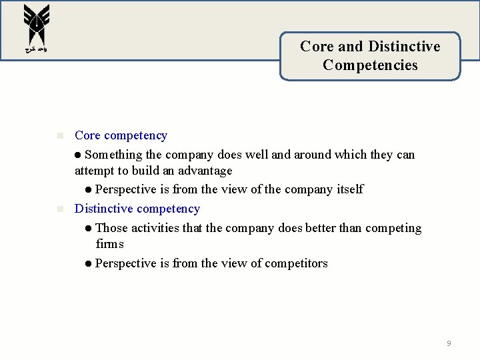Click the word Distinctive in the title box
tap(404, 47)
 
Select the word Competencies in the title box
tap(370, 65)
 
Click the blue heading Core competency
tap(121, 135)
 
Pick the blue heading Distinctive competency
tap(137, 209)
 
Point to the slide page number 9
tap(449, 343)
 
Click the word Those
tap(111, 228)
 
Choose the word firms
tap(109, 244)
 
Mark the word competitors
tap(296, 263)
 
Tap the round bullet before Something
tap(78, 155)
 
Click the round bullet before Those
tap(89, 228)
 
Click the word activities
tap(156, 228)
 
